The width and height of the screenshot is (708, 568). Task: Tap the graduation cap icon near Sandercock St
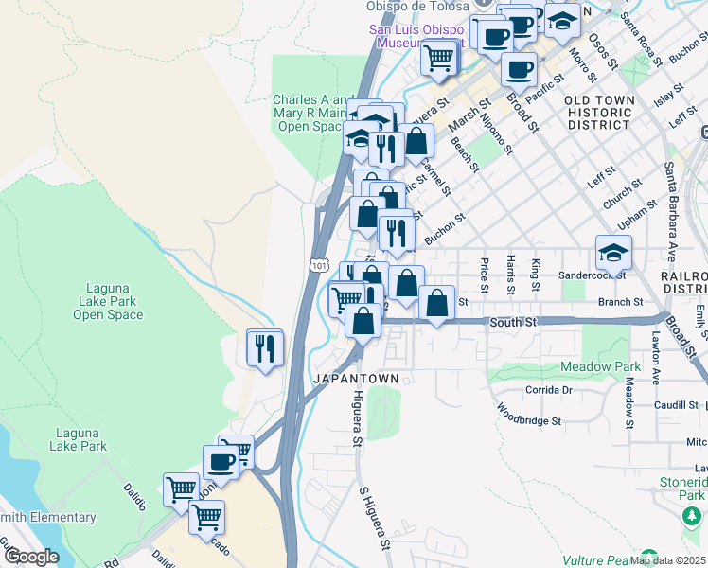click(613, 253)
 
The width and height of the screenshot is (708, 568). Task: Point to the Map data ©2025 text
click(668, 559)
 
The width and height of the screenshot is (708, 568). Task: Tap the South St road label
click(513, 323)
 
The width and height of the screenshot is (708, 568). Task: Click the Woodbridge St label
click(530, 415)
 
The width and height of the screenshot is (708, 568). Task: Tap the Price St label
click(485, 275)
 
